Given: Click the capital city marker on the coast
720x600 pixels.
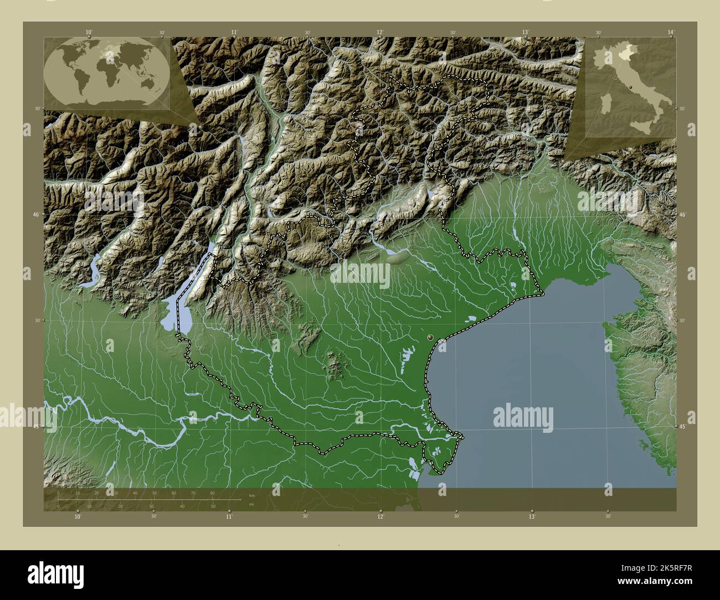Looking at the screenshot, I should [x=431, y=337].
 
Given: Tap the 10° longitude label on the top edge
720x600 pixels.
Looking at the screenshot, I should [x=89, y=33].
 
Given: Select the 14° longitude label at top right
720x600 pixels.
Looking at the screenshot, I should [x=671, y=33].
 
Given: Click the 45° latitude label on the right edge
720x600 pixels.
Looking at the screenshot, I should [x=682, y=427].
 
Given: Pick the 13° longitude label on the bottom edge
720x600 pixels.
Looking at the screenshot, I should [x=532, y=517].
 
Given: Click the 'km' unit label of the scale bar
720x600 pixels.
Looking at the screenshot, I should [x=252, y=495].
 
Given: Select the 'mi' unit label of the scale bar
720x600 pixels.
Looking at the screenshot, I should [x=252, y=504].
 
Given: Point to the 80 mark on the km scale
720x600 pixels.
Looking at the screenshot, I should [x=212, y=493].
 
